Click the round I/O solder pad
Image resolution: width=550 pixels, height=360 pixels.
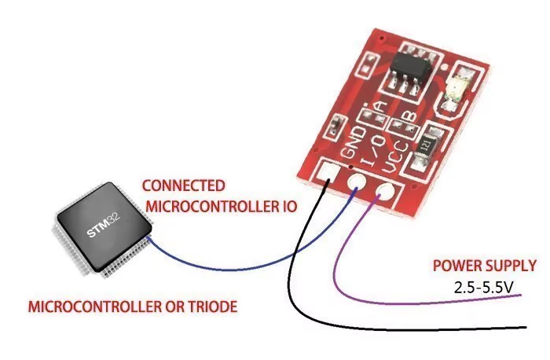click(355, 186)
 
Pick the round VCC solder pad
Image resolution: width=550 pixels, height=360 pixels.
click(386, 192)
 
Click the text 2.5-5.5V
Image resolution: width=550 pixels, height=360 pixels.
click(483, 287)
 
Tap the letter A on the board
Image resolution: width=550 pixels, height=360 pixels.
click(379, 108)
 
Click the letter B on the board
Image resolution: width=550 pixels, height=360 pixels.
click(409, 116)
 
